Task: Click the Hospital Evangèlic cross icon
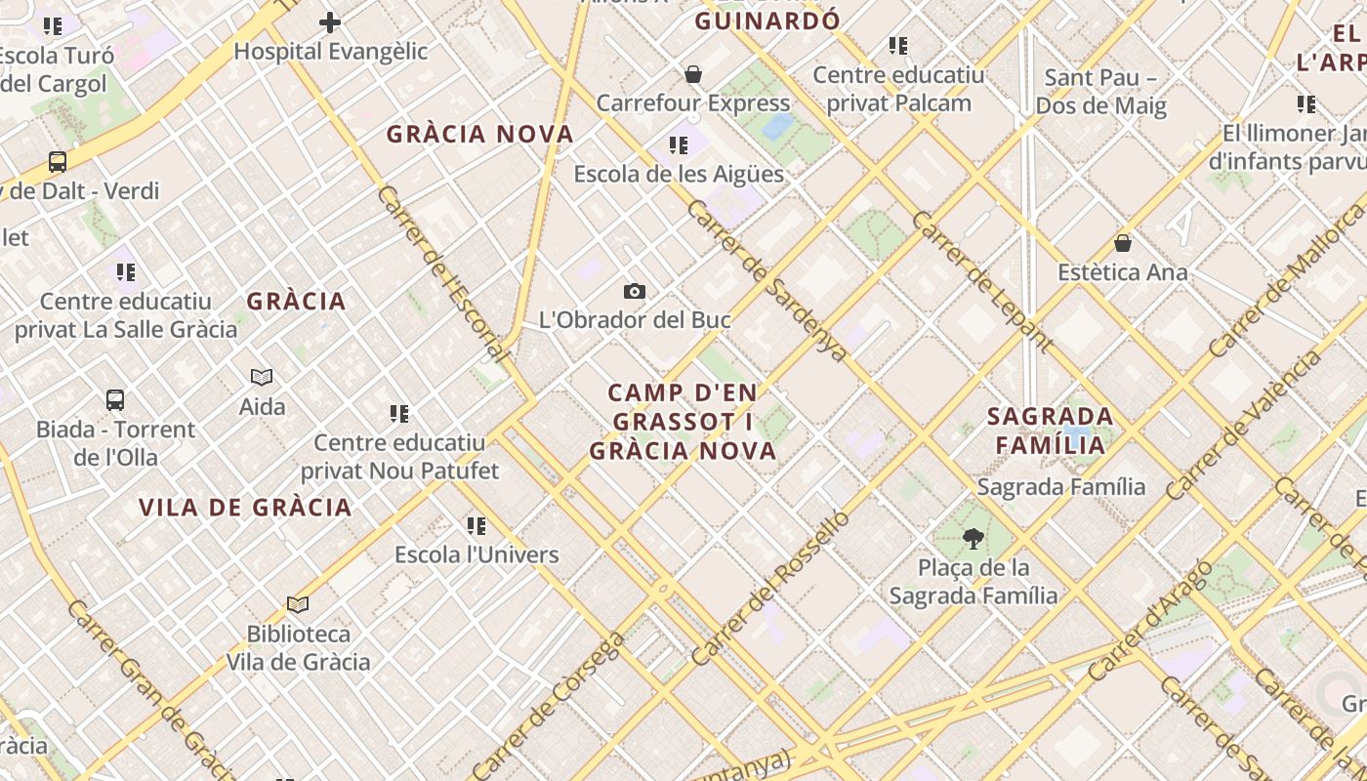coord(330,21)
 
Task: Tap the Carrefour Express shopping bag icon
coord(693,74)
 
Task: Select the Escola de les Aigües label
coord(679,174)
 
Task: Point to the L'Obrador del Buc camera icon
coord(635,291)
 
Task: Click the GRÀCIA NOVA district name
coord(480,135)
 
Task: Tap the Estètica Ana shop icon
coord(1123,243)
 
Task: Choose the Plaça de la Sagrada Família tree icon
coord(973,538)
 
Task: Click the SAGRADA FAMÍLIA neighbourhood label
coord(1051,431)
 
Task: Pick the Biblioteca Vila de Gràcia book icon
coord(298,605)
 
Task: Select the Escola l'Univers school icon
coord(476,526)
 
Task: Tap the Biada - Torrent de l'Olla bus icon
coord(115,400)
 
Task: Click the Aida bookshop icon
coord(262,377)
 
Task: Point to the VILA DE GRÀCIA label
coord(245,508)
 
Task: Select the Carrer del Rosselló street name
coord(771,588)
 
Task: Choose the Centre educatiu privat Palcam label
coord(898,89)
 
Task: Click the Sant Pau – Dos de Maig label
coord(1100,92)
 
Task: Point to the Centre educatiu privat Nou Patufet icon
coord(398,414)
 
